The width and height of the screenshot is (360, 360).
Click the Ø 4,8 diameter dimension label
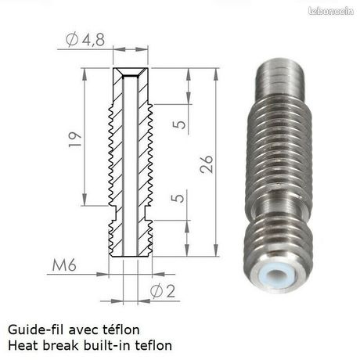(85, 40)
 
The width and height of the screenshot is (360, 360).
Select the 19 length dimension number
(75, 139)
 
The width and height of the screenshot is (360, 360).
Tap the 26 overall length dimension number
(207, 164)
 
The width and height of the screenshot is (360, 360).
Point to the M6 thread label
(64, 265)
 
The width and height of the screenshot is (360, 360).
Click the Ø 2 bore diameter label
(163, 291)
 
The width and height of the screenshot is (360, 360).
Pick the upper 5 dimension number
(179, 124)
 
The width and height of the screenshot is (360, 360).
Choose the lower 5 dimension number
(178, 197)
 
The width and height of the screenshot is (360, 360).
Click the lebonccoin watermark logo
(331, 11)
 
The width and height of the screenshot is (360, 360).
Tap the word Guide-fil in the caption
(36, 329)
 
